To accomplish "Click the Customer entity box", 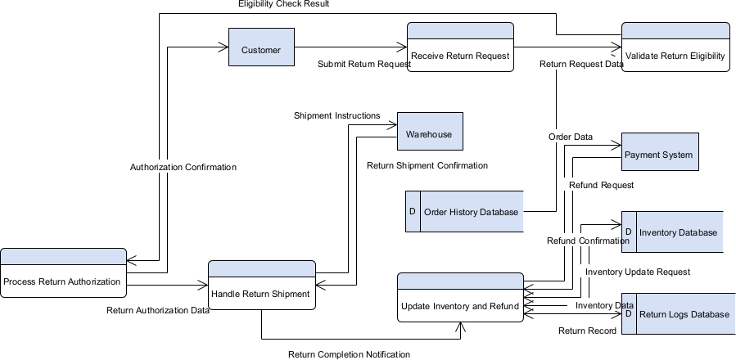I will click(261, 50).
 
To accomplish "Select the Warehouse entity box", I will click(429, 134).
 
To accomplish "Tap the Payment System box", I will click(660, 155).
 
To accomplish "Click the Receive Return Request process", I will click(460, 56).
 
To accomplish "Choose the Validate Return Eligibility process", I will click(675, 56).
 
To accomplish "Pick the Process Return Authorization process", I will click(63, 281).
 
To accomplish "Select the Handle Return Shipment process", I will click(261, 293).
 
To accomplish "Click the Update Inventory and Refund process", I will click(460, 305).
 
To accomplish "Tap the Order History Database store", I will click(471, 212).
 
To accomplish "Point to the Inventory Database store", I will click(678, 232).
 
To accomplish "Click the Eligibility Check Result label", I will click(284, 5).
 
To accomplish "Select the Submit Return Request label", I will click(364, 64).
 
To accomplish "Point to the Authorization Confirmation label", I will click(183, 167).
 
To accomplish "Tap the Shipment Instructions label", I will click(337, 115).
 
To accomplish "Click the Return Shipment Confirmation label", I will click(427, 165).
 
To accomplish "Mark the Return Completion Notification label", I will click(349, 354).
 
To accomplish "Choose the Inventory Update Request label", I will click(638, 272).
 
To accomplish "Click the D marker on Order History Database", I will click(412, 212).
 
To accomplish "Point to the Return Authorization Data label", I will click(158, 310).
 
